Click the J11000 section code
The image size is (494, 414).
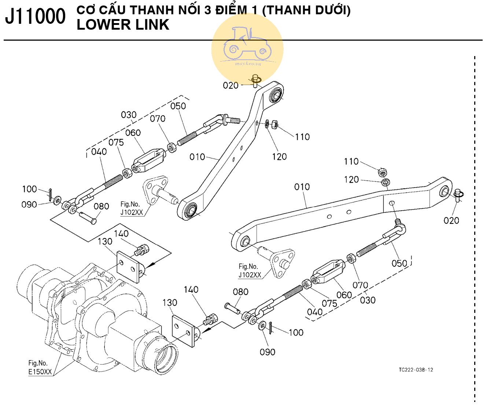tap(35, 17)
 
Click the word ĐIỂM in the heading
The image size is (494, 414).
tap(236, 10)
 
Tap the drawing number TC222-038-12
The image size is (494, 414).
tap(416, 370)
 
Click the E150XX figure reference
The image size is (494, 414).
tap(40, 372)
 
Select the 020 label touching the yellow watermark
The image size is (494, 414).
tap(231, 85)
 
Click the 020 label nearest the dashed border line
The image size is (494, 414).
tap(451, 220)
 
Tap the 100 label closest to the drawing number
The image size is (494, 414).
tap(296, 332)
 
